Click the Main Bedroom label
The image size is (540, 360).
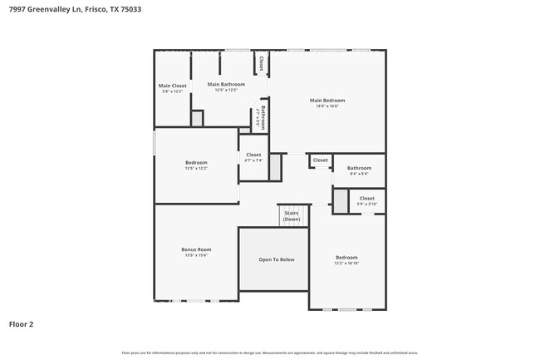click(326, 101)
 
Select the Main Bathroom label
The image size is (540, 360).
click(226, 84)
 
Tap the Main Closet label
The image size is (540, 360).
click(173, 86)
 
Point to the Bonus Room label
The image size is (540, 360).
click(196, 249)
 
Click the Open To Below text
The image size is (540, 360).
click(276, 259)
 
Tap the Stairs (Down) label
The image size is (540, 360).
click(292, 216)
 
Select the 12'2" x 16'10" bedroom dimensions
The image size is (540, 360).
click(346, 263)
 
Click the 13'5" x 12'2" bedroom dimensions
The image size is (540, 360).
click(196, 169)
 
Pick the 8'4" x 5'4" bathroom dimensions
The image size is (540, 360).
click(359, 174)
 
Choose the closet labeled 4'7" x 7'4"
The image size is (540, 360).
click(253, 160)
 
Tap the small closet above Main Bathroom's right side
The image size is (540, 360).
click(261, 63)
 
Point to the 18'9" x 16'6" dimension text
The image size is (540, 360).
click(326, 106)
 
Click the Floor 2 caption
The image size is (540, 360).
click(21, 324)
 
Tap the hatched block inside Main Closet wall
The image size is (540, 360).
click(197, 119)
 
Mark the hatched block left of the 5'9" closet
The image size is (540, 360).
click(340, 201)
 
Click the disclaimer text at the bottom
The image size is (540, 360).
click(269, 353)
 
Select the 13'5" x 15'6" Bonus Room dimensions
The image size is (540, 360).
click(196, 255)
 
